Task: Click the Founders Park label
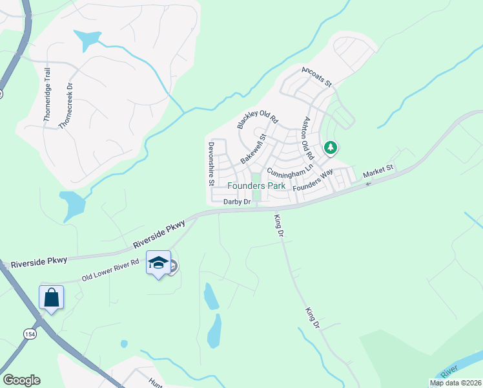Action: pyautogui.click(x=256, y=186)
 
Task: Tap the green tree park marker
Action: pyautogui.click(x=331, y=148)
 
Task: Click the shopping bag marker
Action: pyautogui.click(x=51, y=298)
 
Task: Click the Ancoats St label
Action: pyautogui.click(x=316, y=76)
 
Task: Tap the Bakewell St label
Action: pyautogui.click(x=254, y=149)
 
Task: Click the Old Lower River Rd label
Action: pyautogui.click(x=110, y=270)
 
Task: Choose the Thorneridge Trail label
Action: pyautogui.click(x=47, y=100)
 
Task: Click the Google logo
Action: pyautogui.click(x=21, y=380)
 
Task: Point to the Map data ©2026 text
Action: pyautogui.click(x=455, y=383)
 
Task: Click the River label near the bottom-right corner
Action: pyautogui.click(x=449, y=371)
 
